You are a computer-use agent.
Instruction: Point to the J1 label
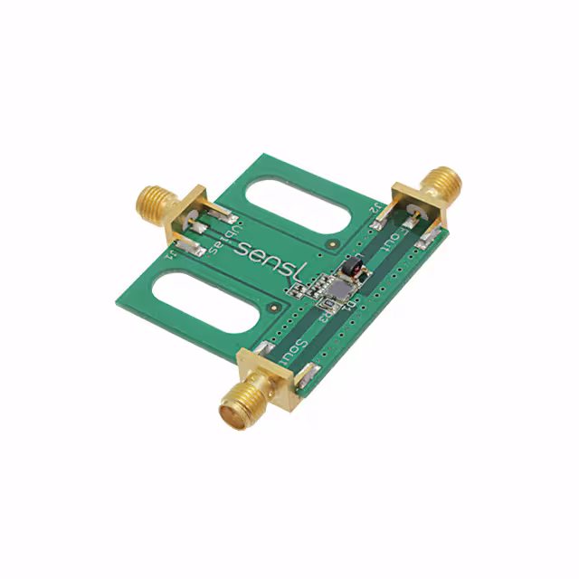[172, 257]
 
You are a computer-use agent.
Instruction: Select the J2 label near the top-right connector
[374, 209]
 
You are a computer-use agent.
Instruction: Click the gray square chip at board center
[336, 289]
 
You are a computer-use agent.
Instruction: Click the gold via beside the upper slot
[334, 244]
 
